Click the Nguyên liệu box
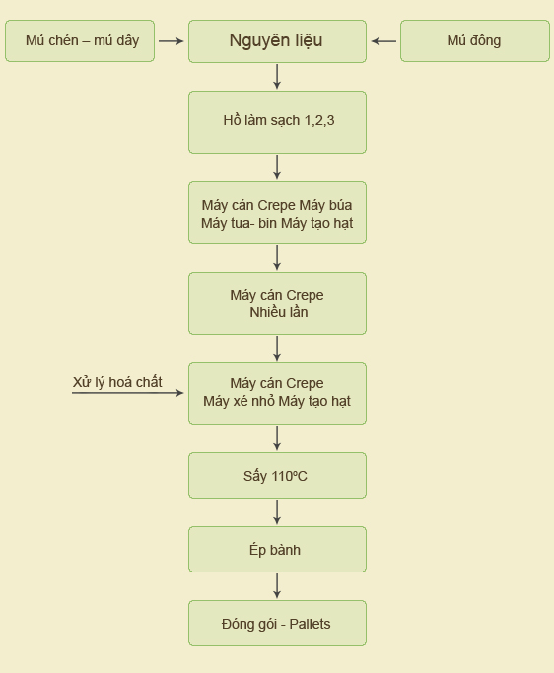277,41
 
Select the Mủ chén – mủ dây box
80,40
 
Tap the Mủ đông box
475,40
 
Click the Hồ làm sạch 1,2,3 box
277,122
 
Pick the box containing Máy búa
277,213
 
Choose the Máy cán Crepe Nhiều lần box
277,303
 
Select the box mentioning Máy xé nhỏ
277,393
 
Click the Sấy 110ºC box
277,476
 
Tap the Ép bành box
277,550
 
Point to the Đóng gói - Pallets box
277,623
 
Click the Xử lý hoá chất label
117,382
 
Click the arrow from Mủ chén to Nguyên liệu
172,41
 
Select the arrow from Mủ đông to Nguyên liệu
383,41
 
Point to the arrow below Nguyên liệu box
277,77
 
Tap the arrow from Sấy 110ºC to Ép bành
277,512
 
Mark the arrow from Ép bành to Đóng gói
277,586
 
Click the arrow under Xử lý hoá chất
128,393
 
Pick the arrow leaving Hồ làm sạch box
277,168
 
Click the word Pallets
311,624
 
